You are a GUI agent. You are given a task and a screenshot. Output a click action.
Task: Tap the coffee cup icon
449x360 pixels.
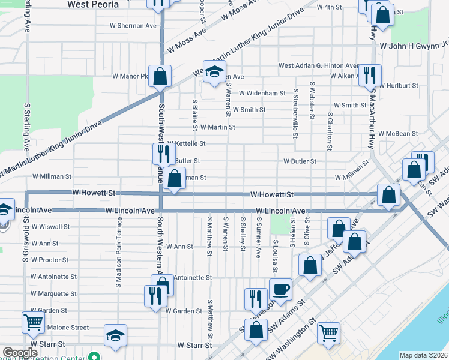click(x=280, y=290)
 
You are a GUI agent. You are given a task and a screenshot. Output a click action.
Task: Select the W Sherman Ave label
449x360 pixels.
click(x=133, y=26)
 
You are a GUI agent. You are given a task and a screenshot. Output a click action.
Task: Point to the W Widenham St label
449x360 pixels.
click(x=262, y=93)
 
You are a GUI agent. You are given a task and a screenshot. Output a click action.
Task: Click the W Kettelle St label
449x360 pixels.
click(x=187, y=144)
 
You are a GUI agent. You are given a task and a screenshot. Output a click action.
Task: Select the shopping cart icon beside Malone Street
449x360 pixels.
click(x=33, y=322)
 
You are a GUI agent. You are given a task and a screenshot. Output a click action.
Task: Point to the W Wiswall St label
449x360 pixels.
click(x=51, y=227)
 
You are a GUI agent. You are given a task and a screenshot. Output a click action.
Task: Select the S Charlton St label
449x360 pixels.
click(x=330, y=130)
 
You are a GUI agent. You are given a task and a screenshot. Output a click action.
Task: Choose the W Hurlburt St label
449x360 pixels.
click(x=399, y=86)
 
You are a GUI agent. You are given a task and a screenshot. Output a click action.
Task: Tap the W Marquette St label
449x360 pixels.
click(x=53, y=294)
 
